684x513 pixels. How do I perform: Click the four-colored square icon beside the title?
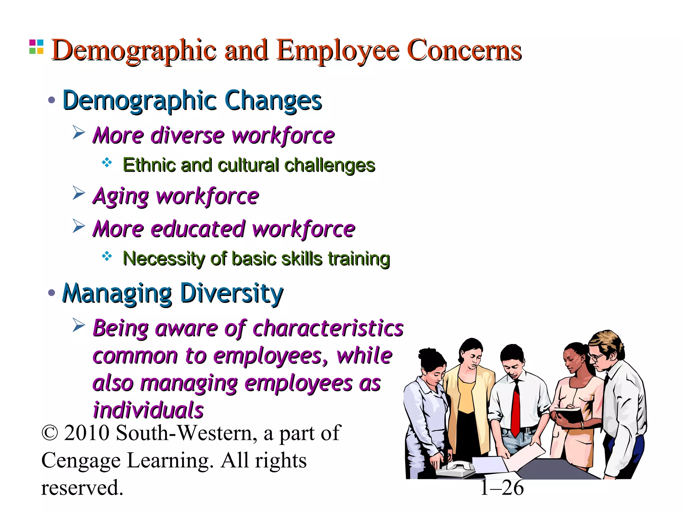36,47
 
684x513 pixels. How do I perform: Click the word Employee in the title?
338,51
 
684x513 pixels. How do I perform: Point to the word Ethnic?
149,165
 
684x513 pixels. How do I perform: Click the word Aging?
121,196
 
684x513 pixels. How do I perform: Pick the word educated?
198,229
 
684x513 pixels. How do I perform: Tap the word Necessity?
162,259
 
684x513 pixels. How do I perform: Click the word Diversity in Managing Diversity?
231,293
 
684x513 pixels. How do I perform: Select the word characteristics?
328,328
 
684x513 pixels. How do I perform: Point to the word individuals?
148,410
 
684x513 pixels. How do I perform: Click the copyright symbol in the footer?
50,434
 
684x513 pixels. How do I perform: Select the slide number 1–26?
502,488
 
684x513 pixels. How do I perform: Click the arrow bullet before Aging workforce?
79,193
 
